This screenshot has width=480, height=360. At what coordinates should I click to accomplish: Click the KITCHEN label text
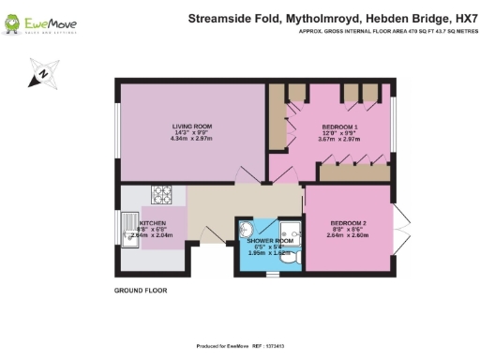coord(153,223)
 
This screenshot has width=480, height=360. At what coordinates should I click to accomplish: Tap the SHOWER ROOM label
coord(270,241)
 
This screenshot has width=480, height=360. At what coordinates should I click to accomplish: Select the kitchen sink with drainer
coord(131,231)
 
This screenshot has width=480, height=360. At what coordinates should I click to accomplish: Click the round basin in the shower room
coord(247,230)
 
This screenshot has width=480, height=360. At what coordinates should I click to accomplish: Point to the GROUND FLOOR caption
coord(140,291)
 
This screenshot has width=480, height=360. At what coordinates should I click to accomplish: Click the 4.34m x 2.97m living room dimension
coord(191,138)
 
